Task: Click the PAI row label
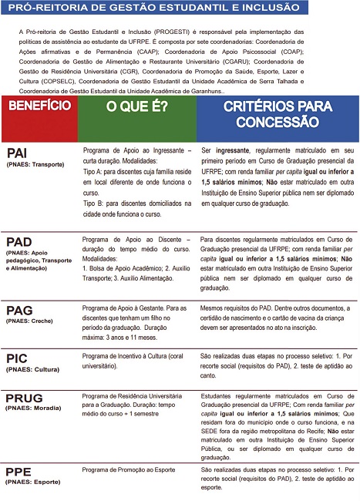click(x=19, y=153)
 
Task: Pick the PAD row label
click(x=19, y=242)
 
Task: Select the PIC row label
click(x=17, y=358)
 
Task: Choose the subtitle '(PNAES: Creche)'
click(x=29, y=323)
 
